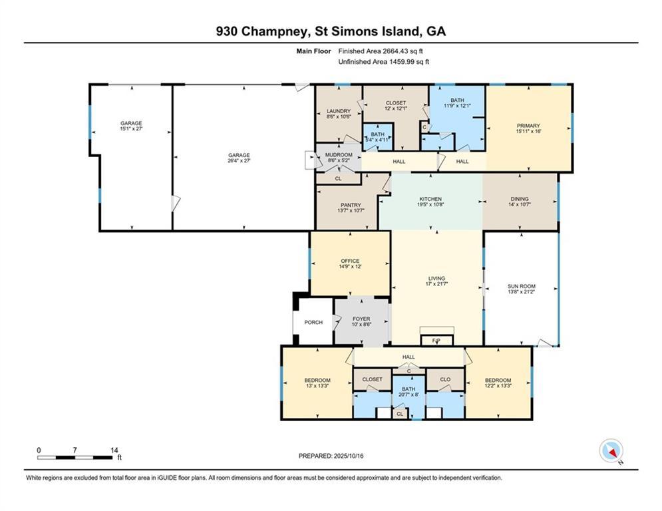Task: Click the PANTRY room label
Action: [351, 205]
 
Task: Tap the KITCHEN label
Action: [430, 199]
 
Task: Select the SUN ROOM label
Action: [522, 286]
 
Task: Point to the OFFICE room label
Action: [350, 261]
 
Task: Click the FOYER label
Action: [361, 319]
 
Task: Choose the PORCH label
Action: [313, 322]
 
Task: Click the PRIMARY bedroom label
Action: [528, 126]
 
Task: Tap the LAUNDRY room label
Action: [339, 111]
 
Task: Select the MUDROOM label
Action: [339, 155]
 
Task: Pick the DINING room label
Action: [520, 199]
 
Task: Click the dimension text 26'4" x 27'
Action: [239, 160]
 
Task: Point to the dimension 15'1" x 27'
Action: [131, 128]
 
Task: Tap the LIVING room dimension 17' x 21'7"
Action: [436, 284]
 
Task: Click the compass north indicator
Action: [611, 451]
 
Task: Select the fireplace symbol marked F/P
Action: [436, 340]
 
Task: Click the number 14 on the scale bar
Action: [114, 450]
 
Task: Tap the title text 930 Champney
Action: [264, 31]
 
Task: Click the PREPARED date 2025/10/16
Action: [349, 456]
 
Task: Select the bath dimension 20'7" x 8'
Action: [409, 395]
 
